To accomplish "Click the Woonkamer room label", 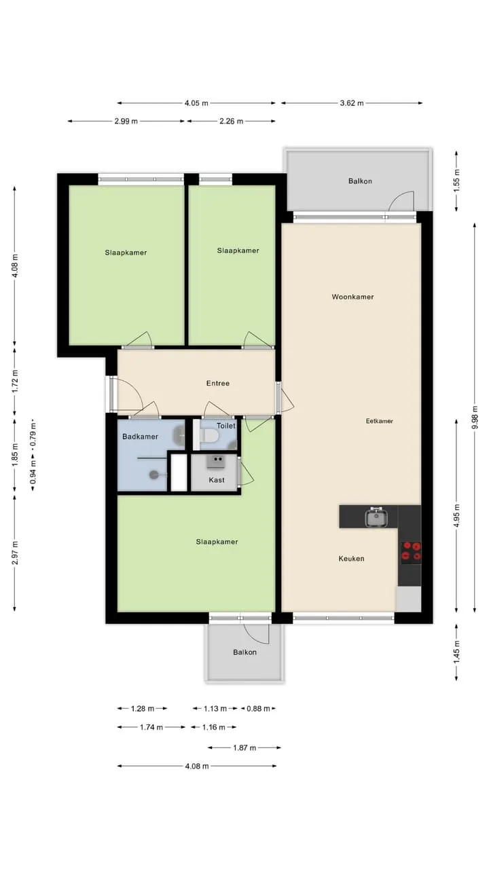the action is (x=352, y=297).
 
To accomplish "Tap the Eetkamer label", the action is (x=379, y=421).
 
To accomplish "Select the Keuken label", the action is (x=351, y=559).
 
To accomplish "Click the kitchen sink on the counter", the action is (x=376, y=517).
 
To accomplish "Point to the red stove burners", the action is (x=412, y=551).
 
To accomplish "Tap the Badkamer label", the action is (x=140, y=437).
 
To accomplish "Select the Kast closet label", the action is (x=217, y=480).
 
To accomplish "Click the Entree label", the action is (x=218, y=384).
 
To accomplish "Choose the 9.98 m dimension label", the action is (x=474, y=418).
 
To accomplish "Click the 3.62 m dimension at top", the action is (x=352, y=103).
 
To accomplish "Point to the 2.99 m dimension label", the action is (x=126, y=122).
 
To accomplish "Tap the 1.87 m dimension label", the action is (x=244, y=747).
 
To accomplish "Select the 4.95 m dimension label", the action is (x=456, y=515).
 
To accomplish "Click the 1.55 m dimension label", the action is (x=456, y=181).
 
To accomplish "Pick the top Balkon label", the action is (x=360, y=181).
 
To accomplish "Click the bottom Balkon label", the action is (x=244, y=652).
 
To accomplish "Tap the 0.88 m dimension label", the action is (x=258, y=709).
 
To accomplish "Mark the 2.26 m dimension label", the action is (x=232, y=122).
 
